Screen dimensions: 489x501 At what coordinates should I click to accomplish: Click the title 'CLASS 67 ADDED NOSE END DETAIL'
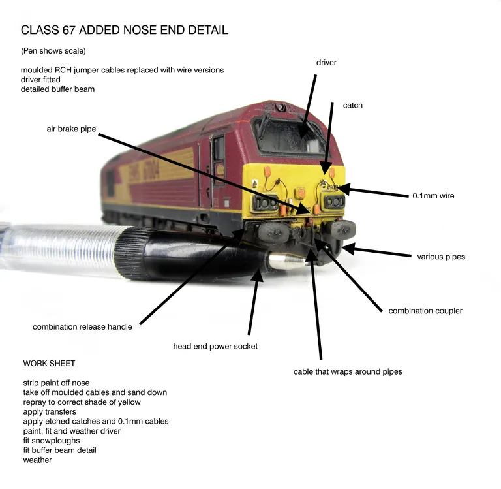125,31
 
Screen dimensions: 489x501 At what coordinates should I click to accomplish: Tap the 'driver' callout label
326,63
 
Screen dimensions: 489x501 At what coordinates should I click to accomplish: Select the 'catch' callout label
352,105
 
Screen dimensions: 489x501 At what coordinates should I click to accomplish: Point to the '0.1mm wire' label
433,195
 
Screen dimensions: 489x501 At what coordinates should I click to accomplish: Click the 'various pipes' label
441,257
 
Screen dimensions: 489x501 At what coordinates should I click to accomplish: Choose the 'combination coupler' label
425,311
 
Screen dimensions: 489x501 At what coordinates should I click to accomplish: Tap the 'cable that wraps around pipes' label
348,371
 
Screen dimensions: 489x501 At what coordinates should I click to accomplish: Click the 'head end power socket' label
215,346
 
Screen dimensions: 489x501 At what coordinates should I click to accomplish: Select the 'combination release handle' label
82,326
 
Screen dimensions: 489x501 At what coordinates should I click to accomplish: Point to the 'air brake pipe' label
71,129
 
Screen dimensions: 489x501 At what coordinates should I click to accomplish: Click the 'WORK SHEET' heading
50,363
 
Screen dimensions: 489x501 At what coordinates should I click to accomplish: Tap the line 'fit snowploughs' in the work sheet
51,441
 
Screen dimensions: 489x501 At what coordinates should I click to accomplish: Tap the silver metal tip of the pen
287,262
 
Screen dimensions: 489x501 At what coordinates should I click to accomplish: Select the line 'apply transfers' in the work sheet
50,412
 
